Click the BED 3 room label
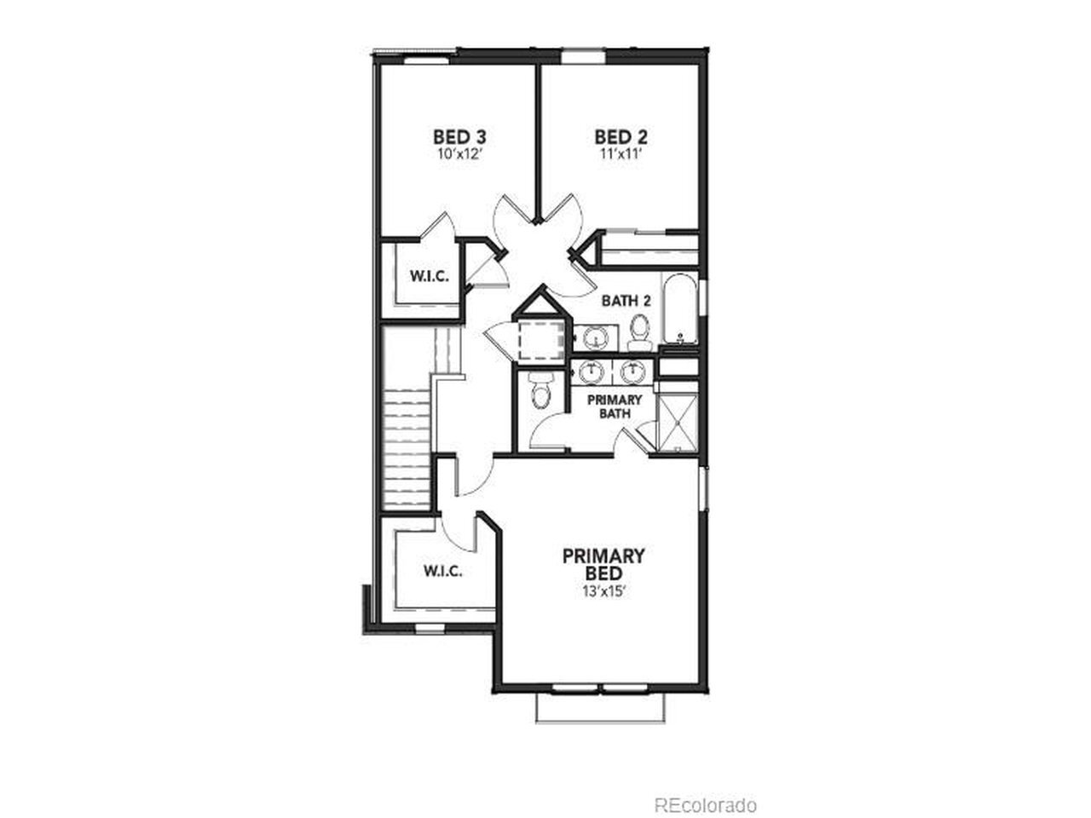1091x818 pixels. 459,136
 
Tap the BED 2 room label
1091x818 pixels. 621,136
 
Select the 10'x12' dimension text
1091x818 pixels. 460,154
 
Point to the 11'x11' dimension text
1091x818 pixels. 621,154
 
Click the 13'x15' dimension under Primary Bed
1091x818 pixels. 604,592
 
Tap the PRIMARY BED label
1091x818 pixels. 603,564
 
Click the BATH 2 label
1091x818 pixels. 626,301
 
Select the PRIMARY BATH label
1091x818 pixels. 615,406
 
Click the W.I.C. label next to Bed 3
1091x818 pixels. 429,276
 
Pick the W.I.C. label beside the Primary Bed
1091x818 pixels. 443,571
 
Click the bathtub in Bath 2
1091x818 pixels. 680,309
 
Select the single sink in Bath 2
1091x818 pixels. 596,338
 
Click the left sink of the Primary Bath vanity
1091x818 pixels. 591,372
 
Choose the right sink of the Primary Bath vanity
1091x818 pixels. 632,372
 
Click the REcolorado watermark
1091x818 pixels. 705,791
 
